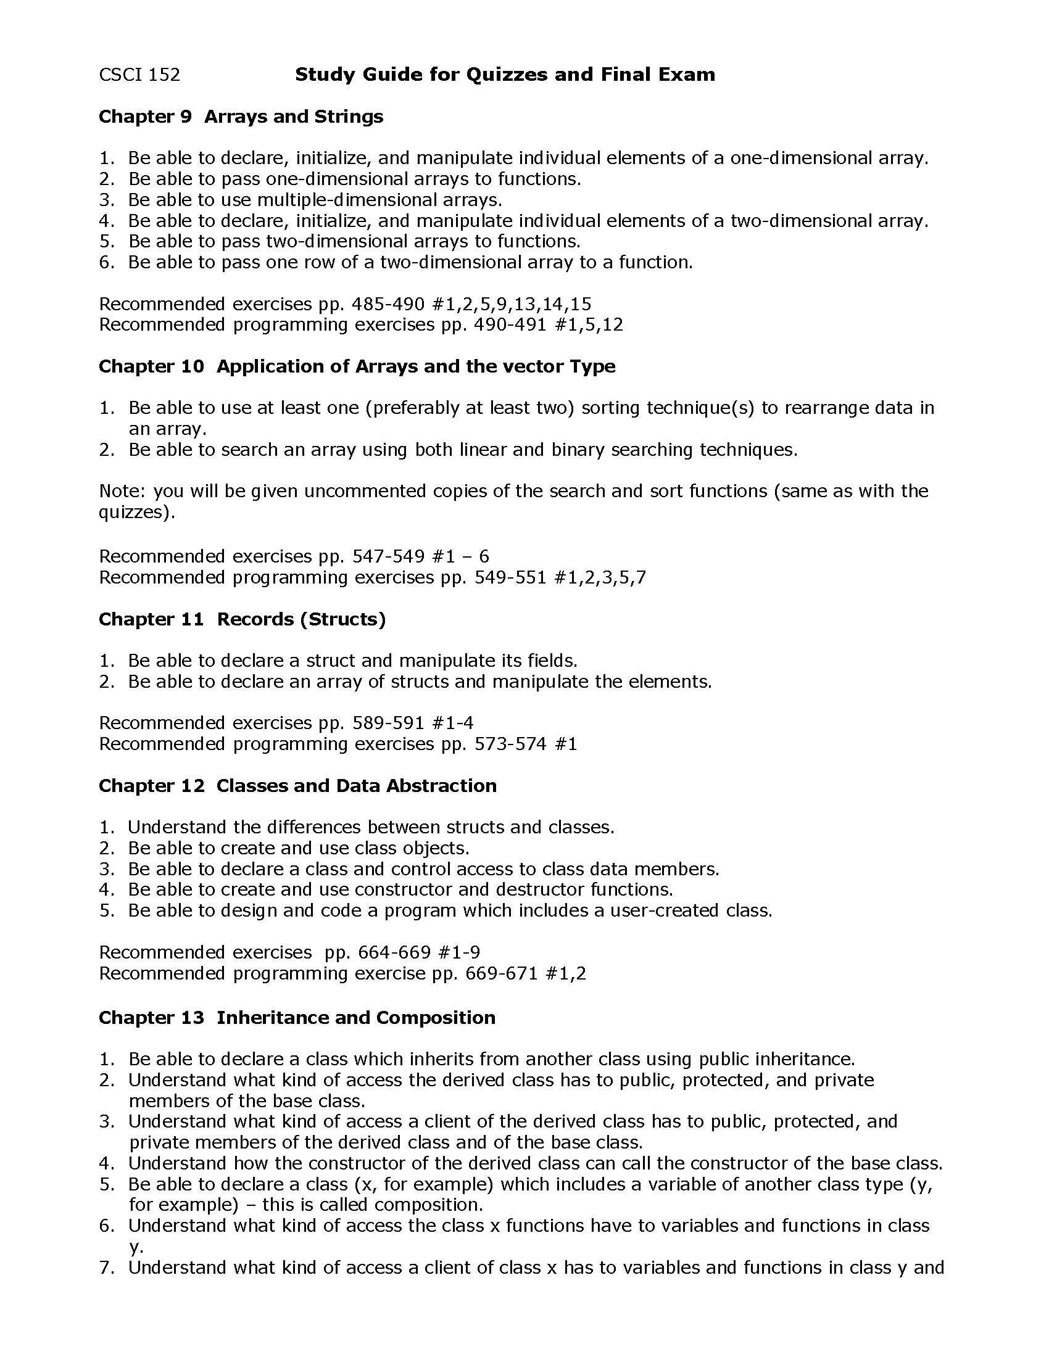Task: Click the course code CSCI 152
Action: [x=139, y=75]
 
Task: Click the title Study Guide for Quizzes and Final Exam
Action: [x=505, y=75]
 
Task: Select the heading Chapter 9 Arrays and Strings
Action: [x=241, y=117]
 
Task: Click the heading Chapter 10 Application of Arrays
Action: [x=357, y=366]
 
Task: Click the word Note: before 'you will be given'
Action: [x=122, y=491]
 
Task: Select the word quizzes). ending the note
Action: [x=137, y=513]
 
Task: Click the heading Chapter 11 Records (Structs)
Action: [x=243, y=619]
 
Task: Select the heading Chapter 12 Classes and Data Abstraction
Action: [x=297, y=785]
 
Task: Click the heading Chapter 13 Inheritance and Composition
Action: [x=297, y=1017]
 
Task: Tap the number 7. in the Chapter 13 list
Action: [x=107, y=1268]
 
